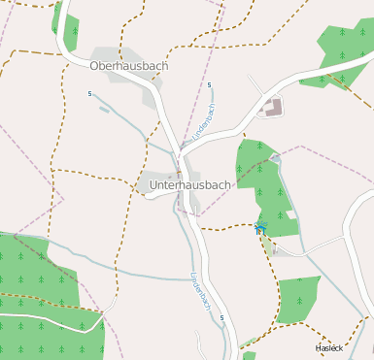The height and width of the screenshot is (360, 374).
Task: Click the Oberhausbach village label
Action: coord(128,66)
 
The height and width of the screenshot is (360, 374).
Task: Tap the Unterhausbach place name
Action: coord(190,184)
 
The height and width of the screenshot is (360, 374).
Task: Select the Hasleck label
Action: coord(329,347)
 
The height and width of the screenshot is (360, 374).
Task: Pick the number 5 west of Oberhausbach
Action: coord(89,94)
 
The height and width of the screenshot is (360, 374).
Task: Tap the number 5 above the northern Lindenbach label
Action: coord(209,85)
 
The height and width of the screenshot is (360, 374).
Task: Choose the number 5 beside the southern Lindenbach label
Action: coord(221,317)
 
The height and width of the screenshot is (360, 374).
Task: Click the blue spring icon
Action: coord(258,228)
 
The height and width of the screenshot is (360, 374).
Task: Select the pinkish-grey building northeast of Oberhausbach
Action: coord(273,106)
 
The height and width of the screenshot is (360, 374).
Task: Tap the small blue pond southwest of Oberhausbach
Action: coord(104,109)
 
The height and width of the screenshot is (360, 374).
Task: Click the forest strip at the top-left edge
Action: coord(67,24)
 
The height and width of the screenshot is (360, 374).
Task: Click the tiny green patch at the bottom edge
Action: coord(249,355)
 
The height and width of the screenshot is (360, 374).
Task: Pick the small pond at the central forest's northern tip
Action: coord(276,158)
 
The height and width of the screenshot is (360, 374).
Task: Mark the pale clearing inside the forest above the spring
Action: coord(290,213)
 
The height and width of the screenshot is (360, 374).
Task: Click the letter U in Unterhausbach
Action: coord(154,184)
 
